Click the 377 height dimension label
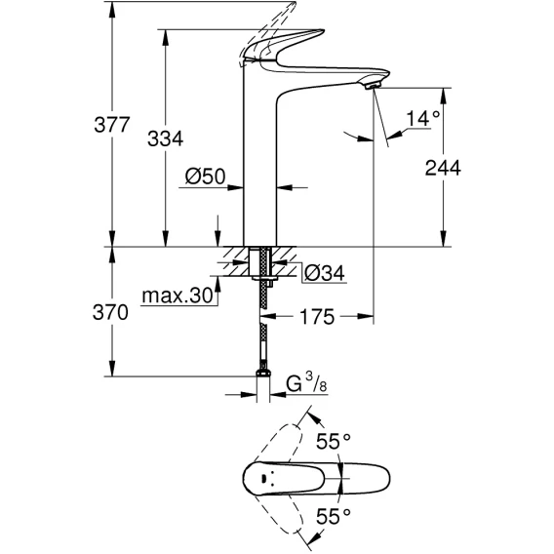point(112,125)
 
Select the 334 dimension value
point(166,138)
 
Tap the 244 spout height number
point(443,168)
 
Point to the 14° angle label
point(423,118)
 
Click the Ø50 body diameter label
point(205,176)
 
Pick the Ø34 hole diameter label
point(325,273)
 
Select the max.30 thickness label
point(177,296)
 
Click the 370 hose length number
point(110,313)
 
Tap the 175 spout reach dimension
point(317,317)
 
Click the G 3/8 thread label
point(306,383)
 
